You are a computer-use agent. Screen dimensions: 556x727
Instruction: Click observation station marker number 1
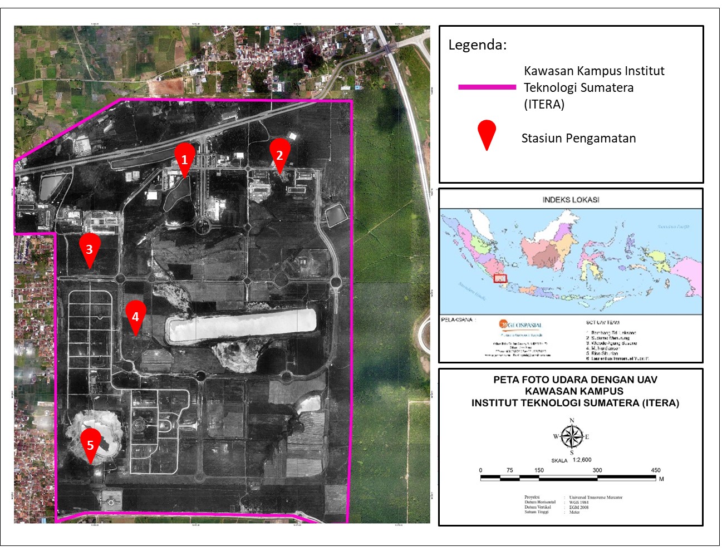185,157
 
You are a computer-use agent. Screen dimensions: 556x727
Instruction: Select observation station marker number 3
90,248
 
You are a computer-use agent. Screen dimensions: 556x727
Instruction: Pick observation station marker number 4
135,316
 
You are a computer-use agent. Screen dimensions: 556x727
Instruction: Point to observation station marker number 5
91,444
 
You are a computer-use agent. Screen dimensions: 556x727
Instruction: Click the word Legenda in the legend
477,45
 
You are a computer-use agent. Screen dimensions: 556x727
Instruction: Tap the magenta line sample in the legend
487,87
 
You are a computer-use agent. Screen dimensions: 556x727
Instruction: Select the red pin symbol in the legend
487,134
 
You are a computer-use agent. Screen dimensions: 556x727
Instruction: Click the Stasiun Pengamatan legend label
578,139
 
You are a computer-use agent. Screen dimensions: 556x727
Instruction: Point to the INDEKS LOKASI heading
571,200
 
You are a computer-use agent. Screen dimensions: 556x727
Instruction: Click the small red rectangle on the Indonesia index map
500,278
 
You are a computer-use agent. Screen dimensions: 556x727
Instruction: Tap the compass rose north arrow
572,435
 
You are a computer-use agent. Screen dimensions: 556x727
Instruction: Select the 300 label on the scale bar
597,470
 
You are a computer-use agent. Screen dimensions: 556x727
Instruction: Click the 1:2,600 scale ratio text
582,460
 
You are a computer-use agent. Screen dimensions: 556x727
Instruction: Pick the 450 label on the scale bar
656,470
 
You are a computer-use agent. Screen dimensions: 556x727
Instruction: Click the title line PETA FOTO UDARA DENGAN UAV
575,380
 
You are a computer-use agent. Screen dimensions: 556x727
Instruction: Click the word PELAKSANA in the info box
457,320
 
